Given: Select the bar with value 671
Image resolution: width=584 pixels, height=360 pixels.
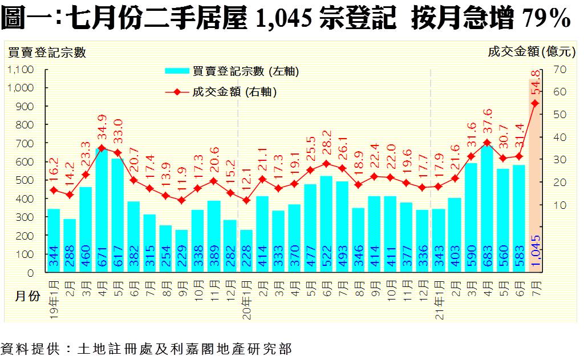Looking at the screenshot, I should pos(102,211).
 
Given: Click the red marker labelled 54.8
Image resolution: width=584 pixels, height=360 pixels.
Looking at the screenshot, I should pos(535,103).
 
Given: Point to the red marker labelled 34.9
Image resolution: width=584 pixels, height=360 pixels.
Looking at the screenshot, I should pos(102,148).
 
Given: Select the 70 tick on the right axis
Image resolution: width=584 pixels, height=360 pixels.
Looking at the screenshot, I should pos(558,69).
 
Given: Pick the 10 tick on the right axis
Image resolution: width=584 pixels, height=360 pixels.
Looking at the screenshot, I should pos(558,205).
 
